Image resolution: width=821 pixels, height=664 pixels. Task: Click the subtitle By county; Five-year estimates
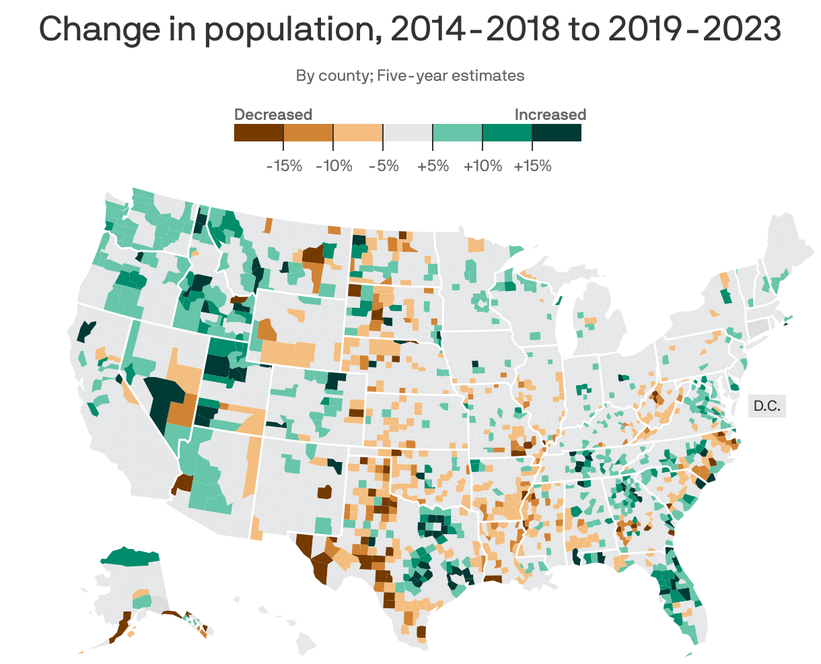(x=410, y=75)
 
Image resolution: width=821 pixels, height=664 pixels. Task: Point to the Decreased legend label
(x=273, y=114)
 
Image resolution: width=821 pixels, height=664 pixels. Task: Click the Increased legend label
(x=550, y=114)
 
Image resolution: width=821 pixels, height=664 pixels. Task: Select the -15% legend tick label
(x=284, y=166)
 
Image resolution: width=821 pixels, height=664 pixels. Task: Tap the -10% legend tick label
(x=334, y=166)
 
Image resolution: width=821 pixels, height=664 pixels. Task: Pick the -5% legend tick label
(x=384, y=166)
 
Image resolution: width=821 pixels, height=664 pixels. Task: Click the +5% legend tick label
(x=433, y=166)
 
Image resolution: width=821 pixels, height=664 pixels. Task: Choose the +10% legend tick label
(x=483, y=166)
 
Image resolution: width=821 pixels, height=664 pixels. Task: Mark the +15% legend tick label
(x=532, y=166)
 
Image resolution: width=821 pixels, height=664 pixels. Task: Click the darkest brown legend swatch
(x=258, y=133)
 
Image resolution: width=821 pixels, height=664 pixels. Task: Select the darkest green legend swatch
(x=557, y=133)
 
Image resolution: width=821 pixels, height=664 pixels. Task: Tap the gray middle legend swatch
(x=408, y=133)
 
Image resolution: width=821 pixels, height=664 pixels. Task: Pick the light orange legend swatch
(x=358, y=133)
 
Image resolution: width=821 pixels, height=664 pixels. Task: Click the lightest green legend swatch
(x=458, y=133)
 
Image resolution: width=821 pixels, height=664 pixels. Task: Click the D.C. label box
(x=766, y=406)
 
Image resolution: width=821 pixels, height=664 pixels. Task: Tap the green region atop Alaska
(x=131, y=556)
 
